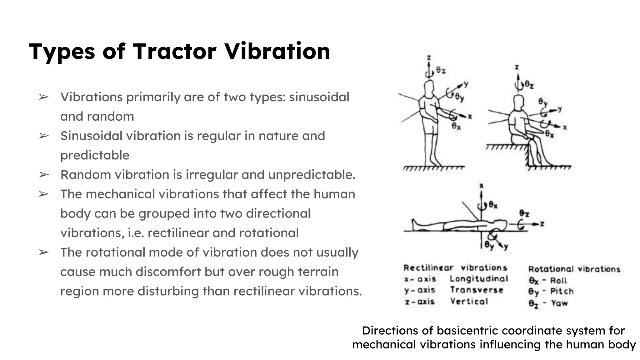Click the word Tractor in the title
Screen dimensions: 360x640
pos(174,51)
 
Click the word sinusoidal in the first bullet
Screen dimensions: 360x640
pos(319,97)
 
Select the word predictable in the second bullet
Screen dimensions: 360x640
pos(95,155)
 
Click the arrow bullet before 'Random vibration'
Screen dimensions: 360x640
pos(44,175)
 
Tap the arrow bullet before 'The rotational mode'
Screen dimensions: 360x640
pos(44,252)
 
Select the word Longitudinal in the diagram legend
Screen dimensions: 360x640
pos(479,279)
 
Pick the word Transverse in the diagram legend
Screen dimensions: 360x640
pos(477,290)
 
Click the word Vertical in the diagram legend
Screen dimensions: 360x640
pos(469,302)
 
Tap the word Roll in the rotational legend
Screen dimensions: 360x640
pos(558,280)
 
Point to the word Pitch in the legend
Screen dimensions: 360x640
pos(562,291)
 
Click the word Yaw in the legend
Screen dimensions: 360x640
pos(559,303)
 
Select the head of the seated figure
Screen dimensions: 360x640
pos(518,102)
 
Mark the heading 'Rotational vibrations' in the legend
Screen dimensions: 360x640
pos(574,269)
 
